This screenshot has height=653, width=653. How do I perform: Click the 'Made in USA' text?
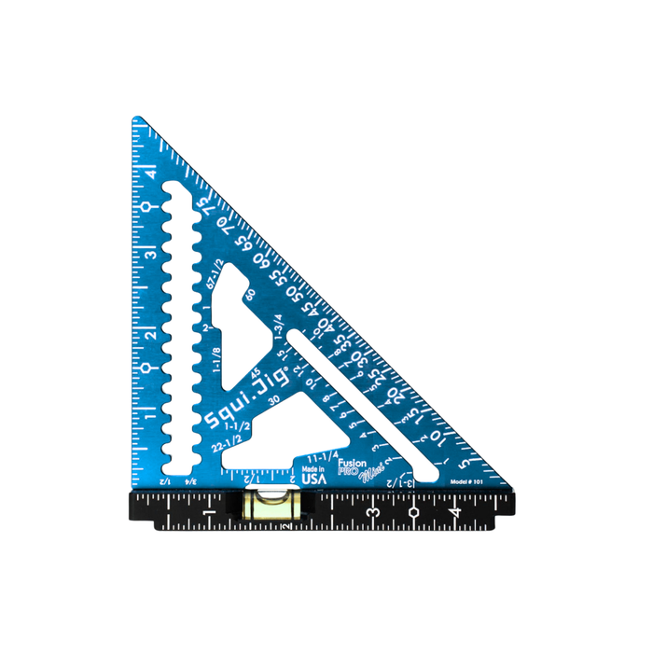[313, 472]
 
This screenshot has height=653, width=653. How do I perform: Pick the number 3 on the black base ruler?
[372, 512]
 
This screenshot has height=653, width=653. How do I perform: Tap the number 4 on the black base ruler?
[454, 512]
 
